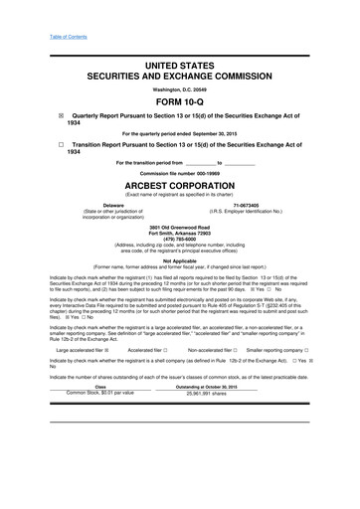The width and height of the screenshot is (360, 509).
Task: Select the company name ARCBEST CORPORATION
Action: click(180, 185)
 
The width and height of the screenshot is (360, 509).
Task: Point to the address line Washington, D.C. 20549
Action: click(180, 87)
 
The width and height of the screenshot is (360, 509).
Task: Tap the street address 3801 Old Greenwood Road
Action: click(180, 228)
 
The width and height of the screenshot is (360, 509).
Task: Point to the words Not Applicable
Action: click(180, 260)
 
